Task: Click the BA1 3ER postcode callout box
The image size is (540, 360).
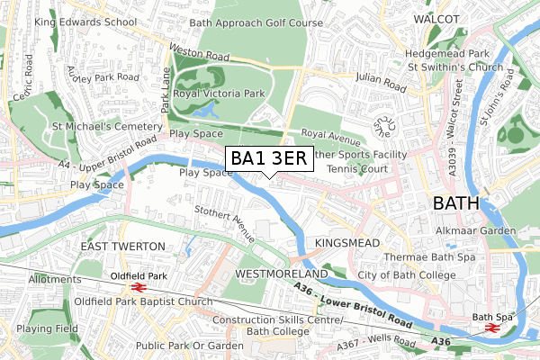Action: (269, 158)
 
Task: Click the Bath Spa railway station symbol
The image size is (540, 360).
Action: (492, 328)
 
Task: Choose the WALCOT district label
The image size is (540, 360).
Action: (436, 18)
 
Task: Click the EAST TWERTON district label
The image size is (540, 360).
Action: (123, 247)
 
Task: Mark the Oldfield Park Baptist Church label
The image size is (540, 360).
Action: (144, 301)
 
